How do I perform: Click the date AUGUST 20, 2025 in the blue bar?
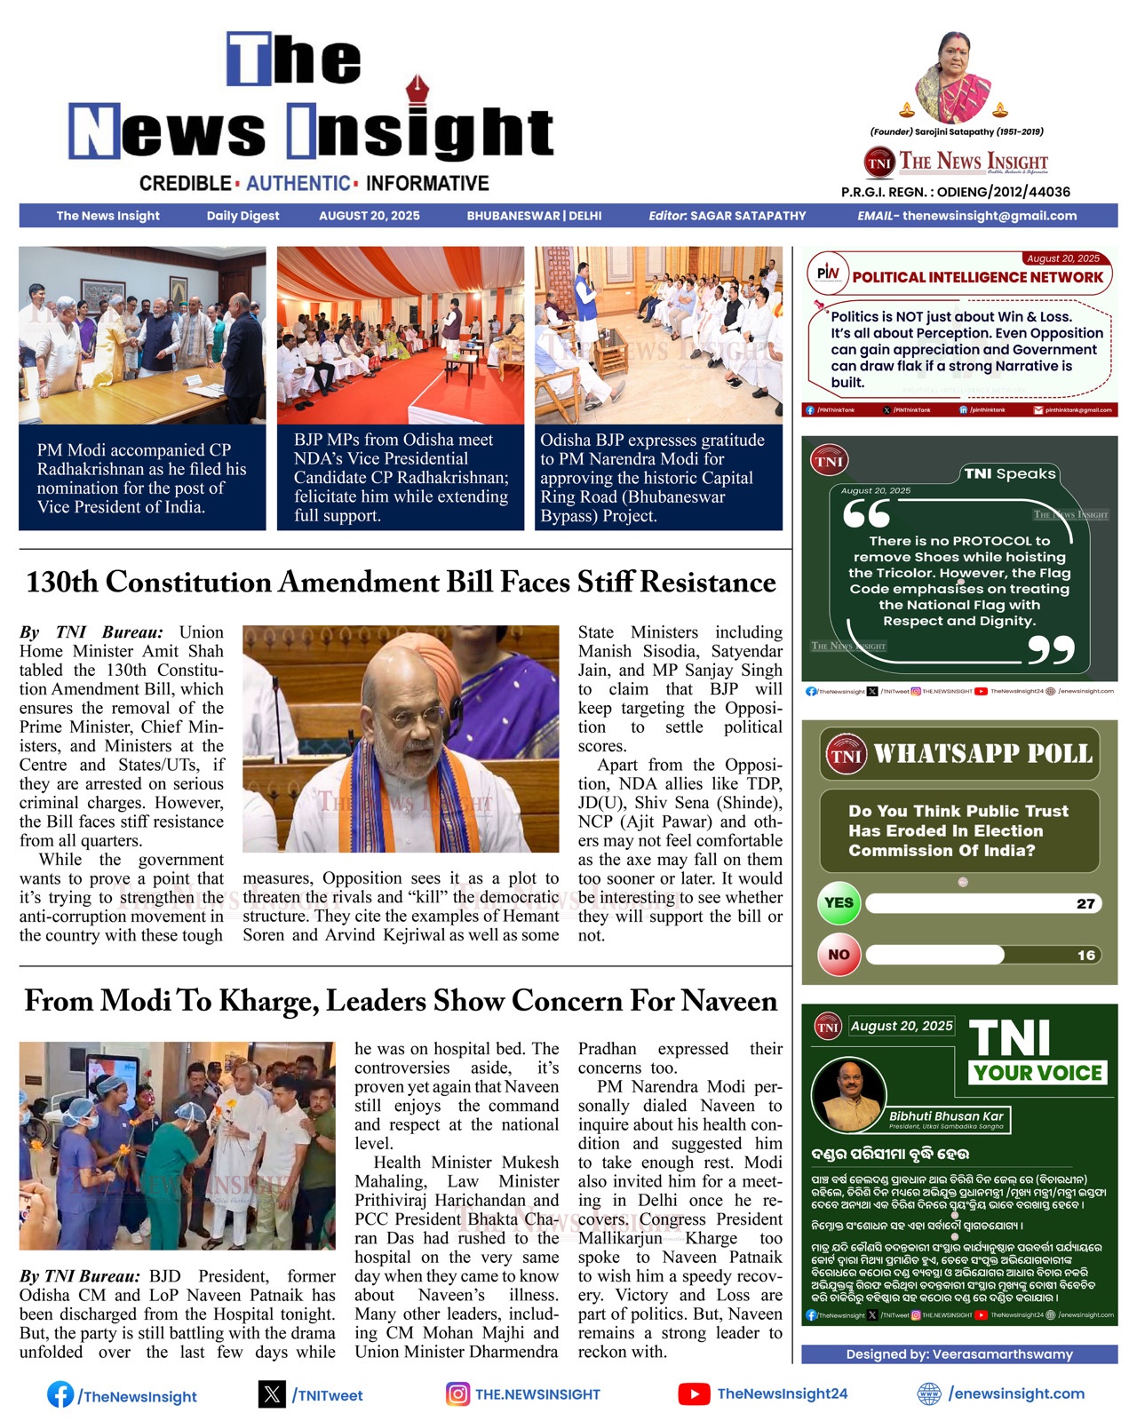[x=370, y=216]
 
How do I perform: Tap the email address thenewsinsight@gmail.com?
[x=990, y=216]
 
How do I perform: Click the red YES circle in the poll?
[x=839, y=903]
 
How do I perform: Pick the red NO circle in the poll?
[x=839, y=955]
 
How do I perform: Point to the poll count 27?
[x=1085, y=904]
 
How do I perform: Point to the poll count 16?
[x=1085, y=956]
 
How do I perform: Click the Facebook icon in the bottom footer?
[x=60, y=1394]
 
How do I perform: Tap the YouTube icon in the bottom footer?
[x=694, y=1394]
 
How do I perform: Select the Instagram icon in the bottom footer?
[x=457, y=1394]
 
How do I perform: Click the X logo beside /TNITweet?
[x=272, y=1394]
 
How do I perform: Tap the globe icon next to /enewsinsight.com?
[x=929, y=1393]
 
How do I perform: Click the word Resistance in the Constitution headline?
[x=708, y=583]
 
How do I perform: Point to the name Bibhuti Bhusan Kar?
[x=946, y=1116]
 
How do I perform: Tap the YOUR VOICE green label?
[x=1038, y=1073]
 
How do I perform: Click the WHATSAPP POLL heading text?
[x=982, y=754]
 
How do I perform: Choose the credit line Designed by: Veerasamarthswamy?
[x=959, y=1354]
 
